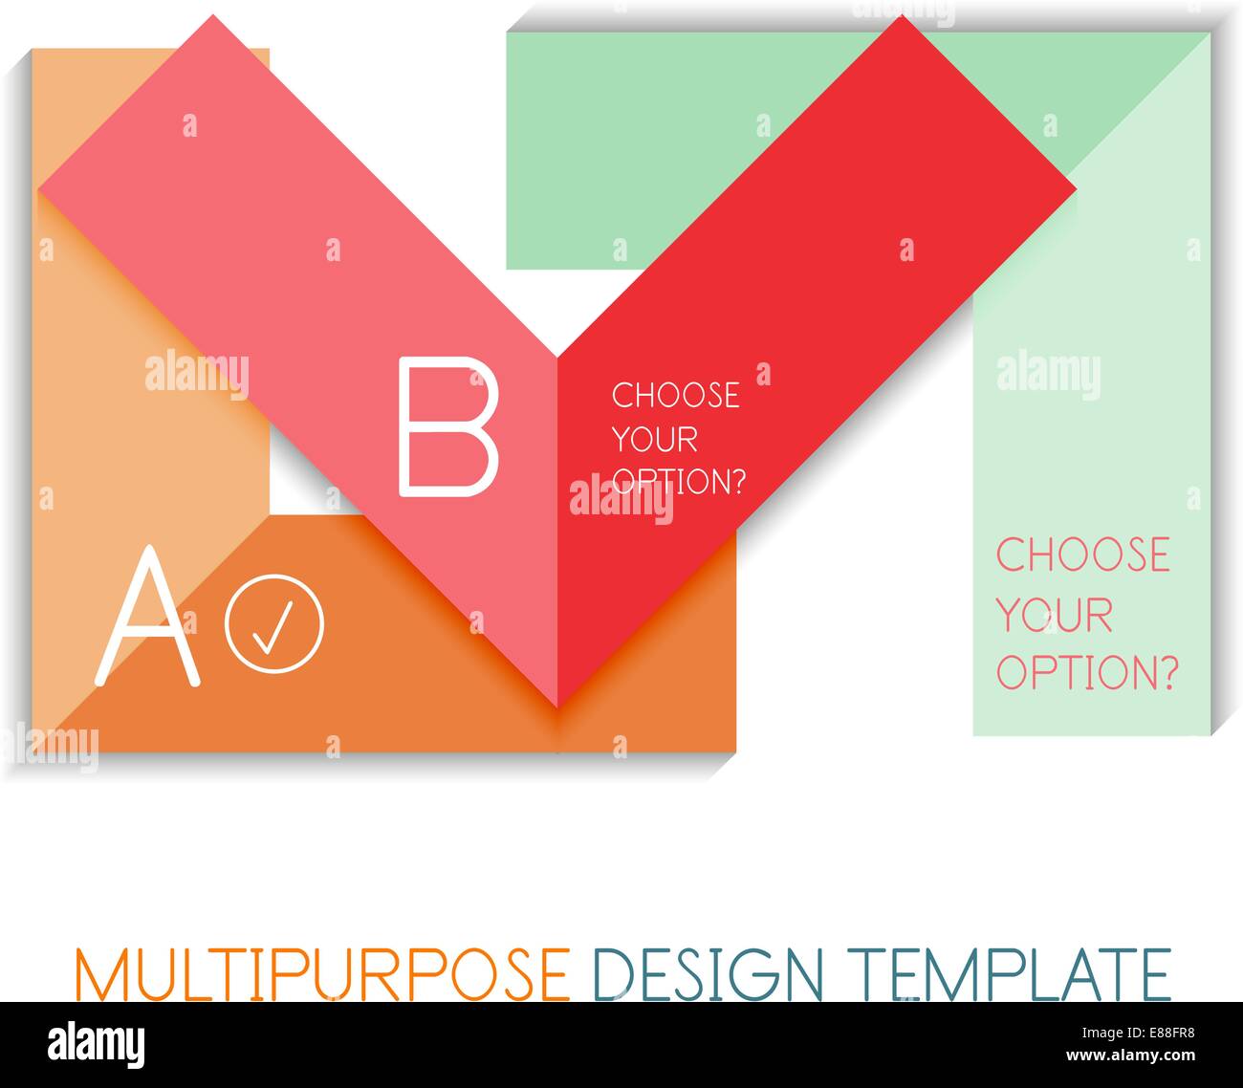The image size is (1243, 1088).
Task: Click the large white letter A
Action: (x=148, y=618)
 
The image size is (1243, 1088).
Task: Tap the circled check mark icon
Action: (x=274, y=621)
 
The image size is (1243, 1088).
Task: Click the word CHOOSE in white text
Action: (x=675, y=396)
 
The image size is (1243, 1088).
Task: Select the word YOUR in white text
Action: (x=654, y=440)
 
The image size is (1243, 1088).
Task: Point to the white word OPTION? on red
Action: (x=678, y=482)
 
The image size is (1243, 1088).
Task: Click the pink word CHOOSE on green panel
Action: (x=1083, y=555)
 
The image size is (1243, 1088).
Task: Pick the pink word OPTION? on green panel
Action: (x=1087, y=672)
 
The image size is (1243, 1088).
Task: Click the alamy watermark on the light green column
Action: (x=1048, y=374)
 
